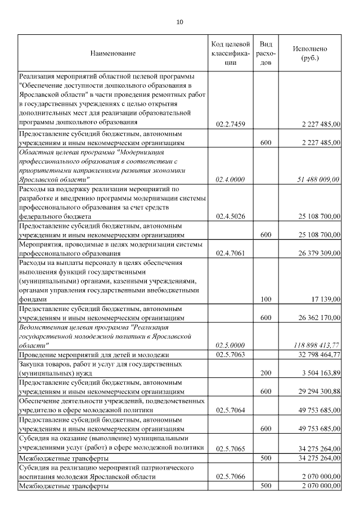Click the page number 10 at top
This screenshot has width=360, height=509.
click(179, 22)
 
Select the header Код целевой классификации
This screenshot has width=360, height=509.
click(231, 53)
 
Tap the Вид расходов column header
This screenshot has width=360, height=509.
click(267, 53)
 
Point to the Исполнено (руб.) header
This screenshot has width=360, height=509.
click(309, 53)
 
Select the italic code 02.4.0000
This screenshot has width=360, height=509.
click(231, 179)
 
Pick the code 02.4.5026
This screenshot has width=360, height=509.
click(231, 216)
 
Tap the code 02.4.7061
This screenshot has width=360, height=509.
click(231, 253)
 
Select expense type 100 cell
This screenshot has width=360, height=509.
click(267, 300)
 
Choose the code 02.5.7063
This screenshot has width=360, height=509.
click(231, 354)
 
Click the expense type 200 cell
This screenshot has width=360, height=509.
click(267, 373)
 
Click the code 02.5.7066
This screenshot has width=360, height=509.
click(231, 476)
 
